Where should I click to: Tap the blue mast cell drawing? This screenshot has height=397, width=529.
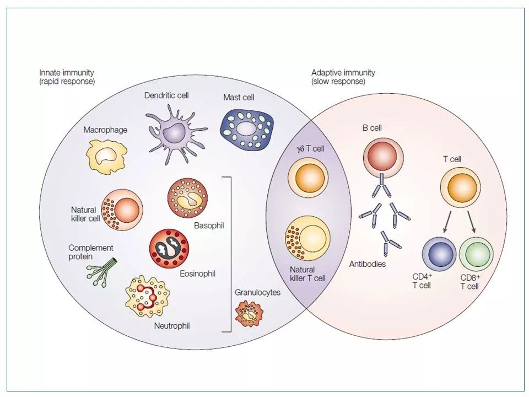[247, 130]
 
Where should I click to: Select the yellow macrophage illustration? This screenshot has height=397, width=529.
[106, 157]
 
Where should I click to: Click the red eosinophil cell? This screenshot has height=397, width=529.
[169, 249]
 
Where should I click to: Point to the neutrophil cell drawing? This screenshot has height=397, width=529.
[148, 296]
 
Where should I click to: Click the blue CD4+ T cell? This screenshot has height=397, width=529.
[439, 254]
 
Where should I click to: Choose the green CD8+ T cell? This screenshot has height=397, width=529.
[476, 254]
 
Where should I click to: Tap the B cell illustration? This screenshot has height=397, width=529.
[384, 158]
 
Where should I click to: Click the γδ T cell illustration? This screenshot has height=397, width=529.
[308, 178]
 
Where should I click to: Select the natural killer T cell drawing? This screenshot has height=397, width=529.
[307, 238]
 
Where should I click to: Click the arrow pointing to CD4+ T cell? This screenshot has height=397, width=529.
[447, 222]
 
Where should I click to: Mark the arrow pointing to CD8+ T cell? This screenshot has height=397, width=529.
[472, 222]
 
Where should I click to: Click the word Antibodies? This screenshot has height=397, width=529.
[368, 264]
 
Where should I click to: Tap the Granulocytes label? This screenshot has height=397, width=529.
[258, 292]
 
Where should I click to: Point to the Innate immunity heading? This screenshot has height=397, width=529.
[67, 73]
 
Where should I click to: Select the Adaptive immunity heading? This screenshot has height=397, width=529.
[343, 73]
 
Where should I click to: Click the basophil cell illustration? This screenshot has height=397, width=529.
[187, 198]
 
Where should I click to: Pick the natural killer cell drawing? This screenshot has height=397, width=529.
[122, 210]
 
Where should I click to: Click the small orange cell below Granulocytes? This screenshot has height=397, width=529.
[249, 314]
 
